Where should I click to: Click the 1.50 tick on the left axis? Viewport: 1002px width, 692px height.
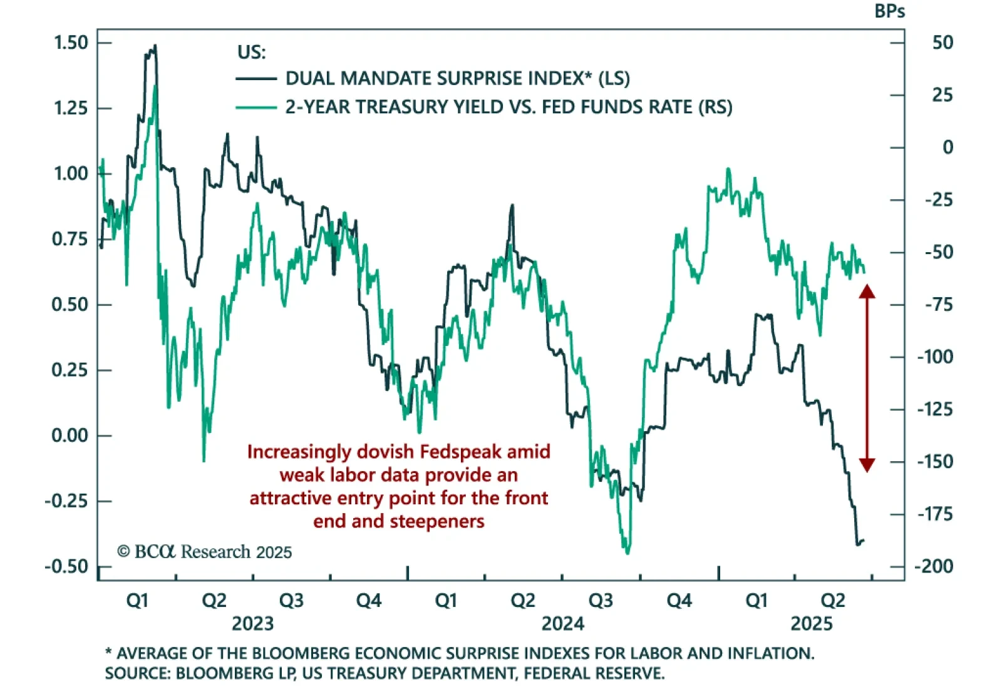coord(71,43)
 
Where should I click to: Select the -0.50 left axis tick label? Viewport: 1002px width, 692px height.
coord(66,566)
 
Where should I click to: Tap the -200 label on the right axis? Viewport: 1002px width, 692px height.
coord(934,566)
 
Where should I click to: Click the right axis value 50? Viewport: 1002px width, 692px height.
coord(943,43)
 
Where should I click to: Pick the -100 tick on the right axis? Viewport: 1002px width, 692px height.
coord(934,357)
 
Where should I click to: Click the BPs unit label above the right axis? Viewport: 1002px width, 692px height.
coord(889,11)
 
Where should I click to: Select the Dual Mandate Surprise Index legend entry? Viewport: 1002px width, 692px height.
coord(457,78)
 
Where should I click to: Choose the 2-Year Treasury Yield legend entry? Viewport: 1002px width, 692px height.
coord(509,107)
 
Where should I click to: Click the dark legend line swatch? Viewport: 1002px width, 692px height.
coord(256,79)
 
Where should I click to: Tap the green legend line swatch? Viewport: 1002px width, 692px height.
coord(256,108)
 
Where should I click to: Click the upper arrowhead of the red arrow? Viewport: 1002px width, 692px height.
coord(867,291)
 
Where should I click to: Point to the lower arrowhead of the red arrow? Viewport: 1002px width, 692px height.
coord(867,464)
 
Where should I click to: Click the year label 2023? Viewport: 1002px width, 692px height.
coord(252,623)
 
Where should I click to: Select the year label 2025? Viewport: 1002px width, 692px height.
coord(812,623)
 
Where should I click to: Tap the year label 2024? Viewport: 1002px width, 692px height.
coord(562,623)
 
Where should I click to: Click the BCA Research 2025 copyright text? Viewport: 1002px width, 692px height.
coord(205,552)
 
